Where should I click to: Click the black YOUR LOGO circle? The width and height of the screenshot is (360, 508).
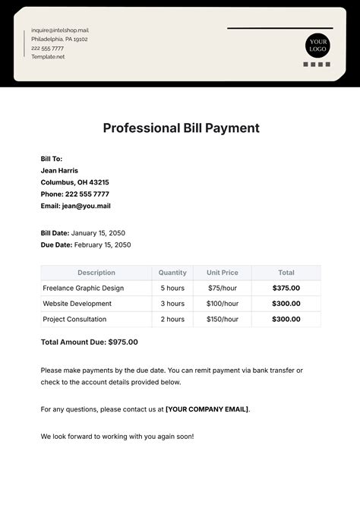click(318, 45)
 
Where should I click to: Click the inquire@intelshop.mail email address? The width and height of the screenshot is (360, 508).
click(60, 30)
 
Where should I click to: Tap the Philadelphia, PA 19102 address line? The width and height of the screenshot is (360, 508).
click(59, 39)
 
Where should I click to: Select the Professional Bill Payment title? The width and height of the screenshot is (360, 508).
click(181, 128)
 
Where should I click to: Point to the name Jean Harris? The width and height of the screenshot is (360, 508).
click(59, 171)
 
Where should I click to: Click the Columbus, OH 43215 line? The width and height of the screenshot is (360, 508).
click(74, 182)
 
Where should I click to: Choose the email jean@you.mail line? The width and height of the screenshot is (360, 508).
click(75, 206)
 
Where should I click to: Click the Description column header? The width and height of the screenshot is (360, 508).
click(96, 273)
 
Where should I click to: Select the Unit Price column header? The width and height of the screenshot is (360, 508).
click(222, 273)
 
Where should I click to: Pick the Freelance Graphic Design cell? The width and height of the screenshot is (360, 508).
click(83, 289)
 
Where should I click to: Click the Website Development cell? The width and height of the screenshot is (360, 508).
click(77, 304)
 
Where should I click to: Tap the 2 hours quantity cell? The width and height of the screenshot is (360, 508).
click(172, 320)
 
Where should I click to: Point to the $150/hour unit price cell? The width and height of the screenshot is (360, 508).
click(222, 320)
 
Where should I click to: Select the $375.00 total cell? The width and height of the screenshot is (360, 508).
click(286, 289)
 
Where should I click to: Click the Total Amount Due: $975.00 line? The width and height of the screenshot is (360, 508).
click(89, 342)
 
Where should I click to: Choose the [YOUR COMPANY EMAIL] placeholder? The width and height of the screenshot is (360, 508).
click(207, 409)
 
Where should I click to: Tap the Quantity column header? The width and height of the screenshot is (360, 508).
click(172, 273)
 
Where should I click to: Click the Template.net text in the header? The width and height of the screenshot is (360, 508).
click(48, 57)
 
